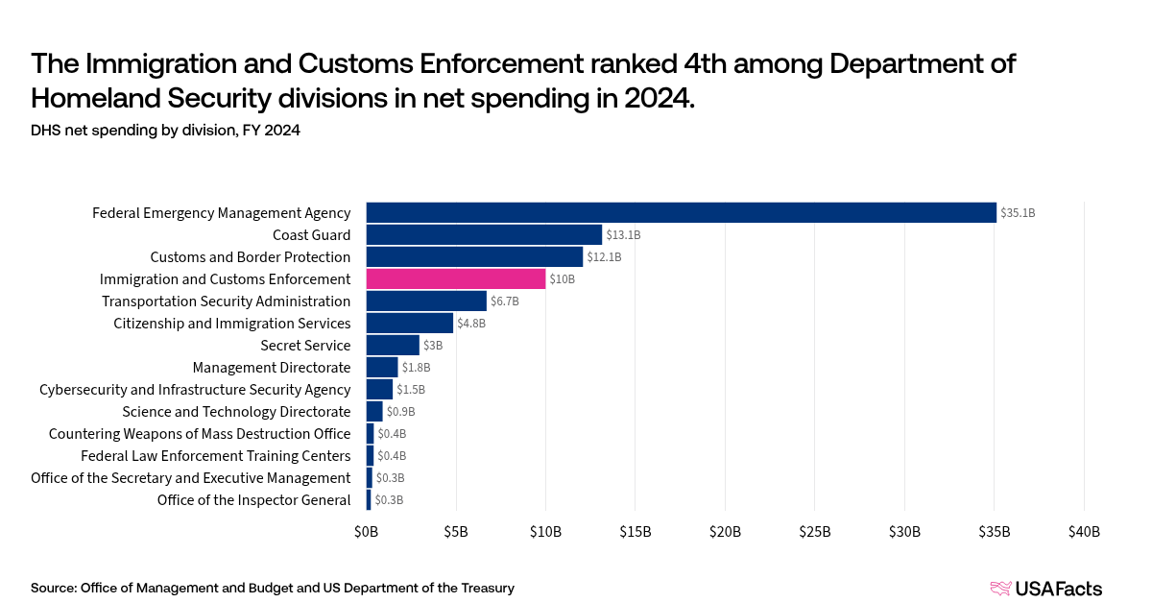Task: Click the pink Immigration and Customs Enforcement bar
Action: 456,278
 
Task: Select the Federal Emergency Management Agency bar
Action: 682,212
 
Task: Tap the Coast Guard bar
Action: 484,234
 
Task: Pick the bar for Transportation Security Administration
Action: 426,301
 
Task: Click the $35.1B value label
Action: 1018,213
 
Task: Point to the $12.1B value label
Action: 604,257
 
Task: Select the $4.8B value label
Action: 471,324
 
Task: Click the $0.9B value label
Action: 401,412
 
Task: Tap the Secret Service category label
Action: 305,346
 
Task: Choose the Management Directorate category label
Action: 272,368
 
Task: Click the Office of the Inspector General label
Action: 253,500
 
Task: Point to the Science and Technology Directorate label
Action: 236,412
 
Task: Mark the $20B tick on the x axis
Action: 725,532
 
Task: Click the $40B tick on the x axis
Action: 1084,532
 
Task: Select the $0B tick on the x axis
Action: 366,532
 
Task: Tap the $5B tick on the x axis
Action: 456,532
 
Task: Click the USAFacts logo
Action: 1045,589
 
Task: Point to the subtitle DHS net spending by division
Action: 165,131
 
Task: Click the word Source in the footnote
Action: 53,588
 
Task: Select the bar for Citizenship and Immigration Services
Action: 409,324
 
